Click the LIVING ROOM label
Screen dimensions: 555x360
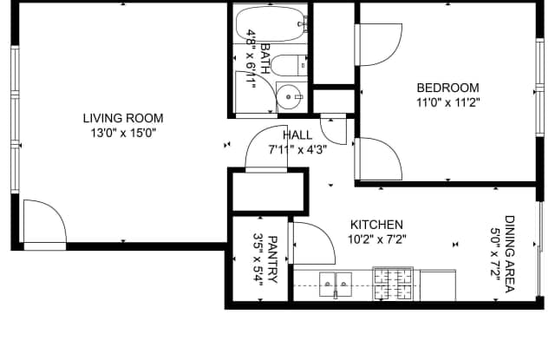pyautogui.click(x=123, y=118)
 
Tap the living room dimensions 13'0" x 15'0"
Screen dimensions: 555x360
pyautogui.click(x=123, y=133)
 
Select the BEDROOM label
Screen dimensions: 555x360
pyautogui.click(x=447, y=88)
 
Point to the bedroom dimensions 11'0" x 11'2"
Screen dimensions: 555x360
pyautogui.click(x=447, y=102)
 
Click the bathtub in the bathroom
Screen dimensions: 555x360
pyautogui.click(x=271, y=24)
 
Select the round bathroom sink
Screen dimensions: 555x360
pyautogui.click(x=289, y=96)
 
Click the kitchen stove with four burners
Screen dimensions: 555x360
pyautogui.click(x=393, y=284)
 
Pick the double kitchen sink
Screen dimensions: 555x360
pyautogui.click(x=336, y=285)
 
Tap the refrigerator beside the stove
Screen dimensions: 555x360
pyautogui.click(x=438, y=285)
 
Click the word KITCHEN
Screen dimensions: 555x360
pyautogui.click(x=376, y=225)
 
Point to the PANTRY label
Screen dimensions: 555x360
pyautogui.click(x=273, y=260)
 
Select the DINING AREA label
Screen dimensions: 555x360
pyautogui.click(x=510, y=254)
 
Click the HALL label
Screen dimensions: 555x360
pyautogui.click(x=297, y=135)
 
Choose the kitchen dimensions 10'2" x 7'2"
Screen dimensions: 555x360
pyautogui.click(x=376, y=239)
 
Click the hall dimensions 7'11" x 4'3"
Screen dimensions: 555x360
pyautogui.click(x=297, y=150)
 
